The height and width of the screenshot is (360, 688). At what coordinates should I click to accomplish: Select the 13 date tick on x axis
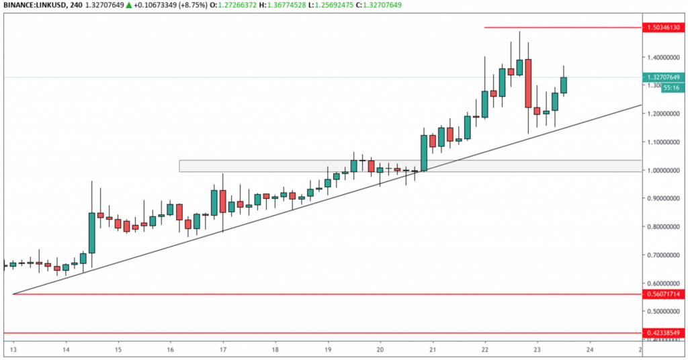point(13,350)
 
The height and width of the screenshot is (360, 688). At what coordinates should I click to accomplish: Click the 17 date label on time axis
point(222,350)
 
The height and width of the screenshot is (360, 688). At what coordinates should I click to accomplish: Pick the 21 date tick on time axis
point(432,350)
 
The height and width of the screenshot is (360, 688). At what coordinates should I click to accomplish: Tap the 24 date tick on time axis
point(589,350)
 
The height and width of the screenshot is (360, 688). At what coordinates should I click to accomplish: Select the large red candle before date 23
point(528,83)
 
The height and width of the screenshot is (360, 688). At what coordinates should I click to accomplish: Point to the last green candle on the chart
point(563,85)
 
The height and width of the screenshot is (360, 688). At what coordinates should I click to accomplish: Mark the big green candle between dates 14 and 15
point(92,232)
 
